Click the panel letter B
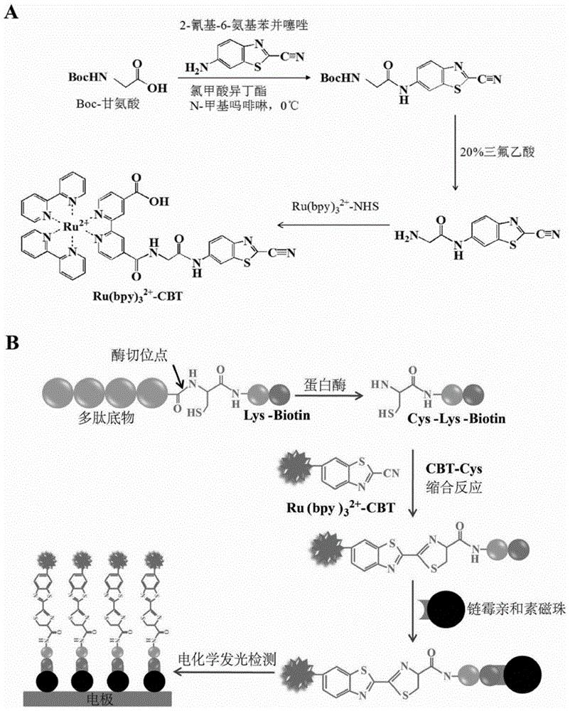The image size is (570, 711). (12, 343)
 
